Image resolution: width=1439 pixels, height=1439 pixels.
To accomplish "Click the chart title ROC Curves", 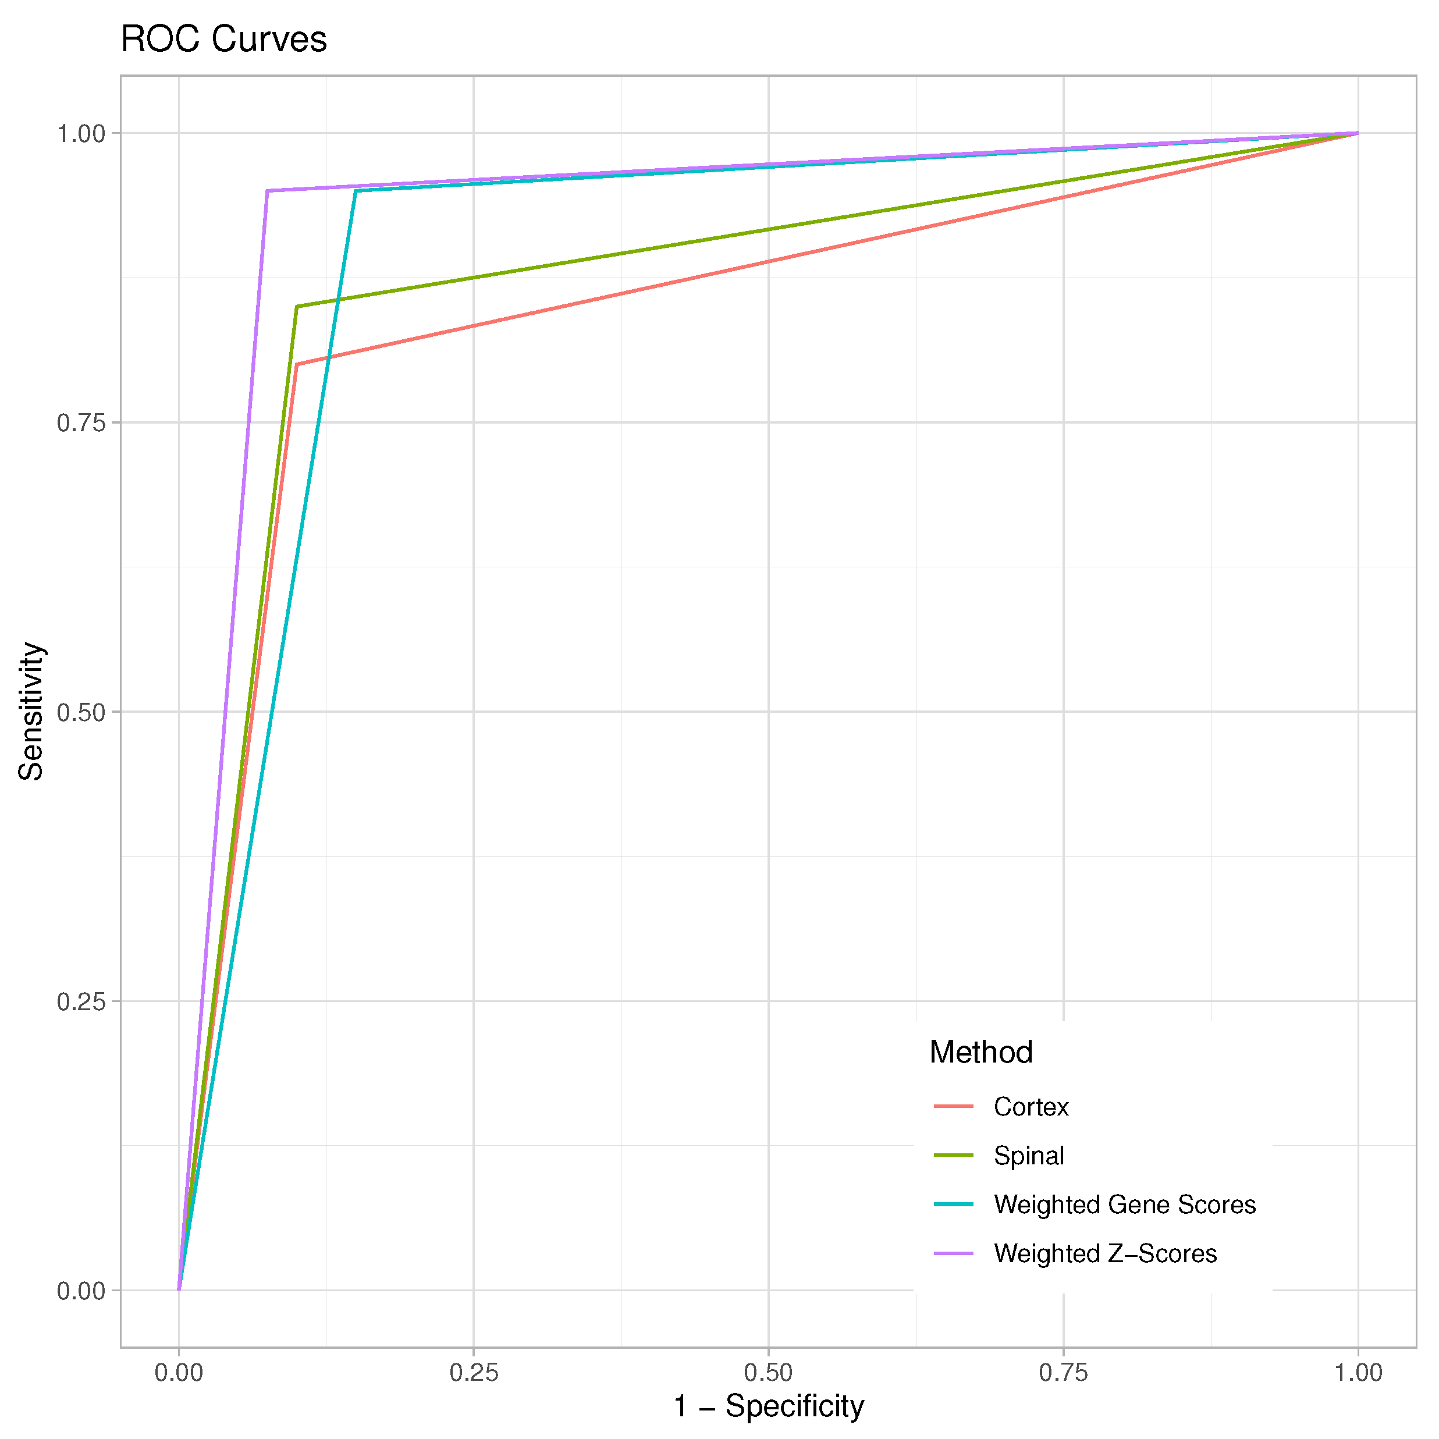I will tap(223, 40).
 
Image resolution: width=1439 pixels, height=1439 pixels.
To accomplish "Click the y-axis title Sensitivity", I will tap(31, 711).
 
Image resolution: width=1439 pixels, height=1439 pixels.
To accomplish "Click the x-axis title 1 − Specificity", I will tap(769, 1405).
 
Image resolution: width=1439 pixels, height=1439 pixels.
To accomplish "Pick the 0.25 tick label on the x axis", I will tap(474, 1372).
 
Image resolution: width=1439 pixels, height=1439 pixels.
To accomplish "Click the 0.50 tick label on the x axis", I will tap(769, 1372).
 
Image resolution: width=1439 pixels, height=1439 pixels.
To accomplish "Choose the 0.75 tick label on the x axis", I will tap(1064, 1372).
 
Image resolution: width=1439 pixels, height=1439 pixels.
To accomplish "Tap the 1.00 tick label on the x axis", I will tap(1358, 1372).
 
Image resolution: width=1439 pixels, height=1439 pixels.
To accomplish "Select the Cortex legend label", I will tap(1031, 1107).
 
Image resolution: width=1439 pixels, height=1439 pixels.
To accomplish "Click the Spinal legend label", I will tap(1029, 1155).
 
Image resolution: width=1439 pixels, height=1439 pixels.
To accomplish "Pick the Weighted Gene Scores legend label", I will tap(1125, 1205).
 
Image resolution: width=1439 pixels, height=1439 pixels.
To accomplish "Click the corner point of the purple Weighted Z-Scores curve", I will tap(268, 191).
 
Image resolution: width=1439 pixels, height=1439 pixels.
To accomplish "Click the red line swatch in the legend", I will tap(953, 1107).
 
